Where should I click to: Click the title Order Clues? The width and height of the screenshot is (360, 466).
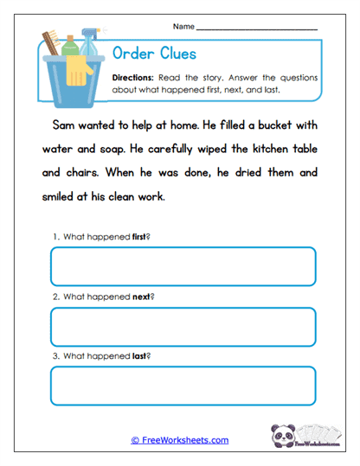155,54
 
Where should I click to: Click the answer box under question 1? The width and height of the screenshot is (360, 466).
183,266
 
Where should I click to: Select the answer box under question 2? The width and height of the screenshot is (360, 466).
183,327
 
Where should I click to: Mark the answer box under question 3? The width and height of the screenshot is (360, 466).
183,386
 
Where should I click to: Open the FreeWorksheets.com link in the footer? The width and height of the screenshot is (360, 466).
180,440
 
